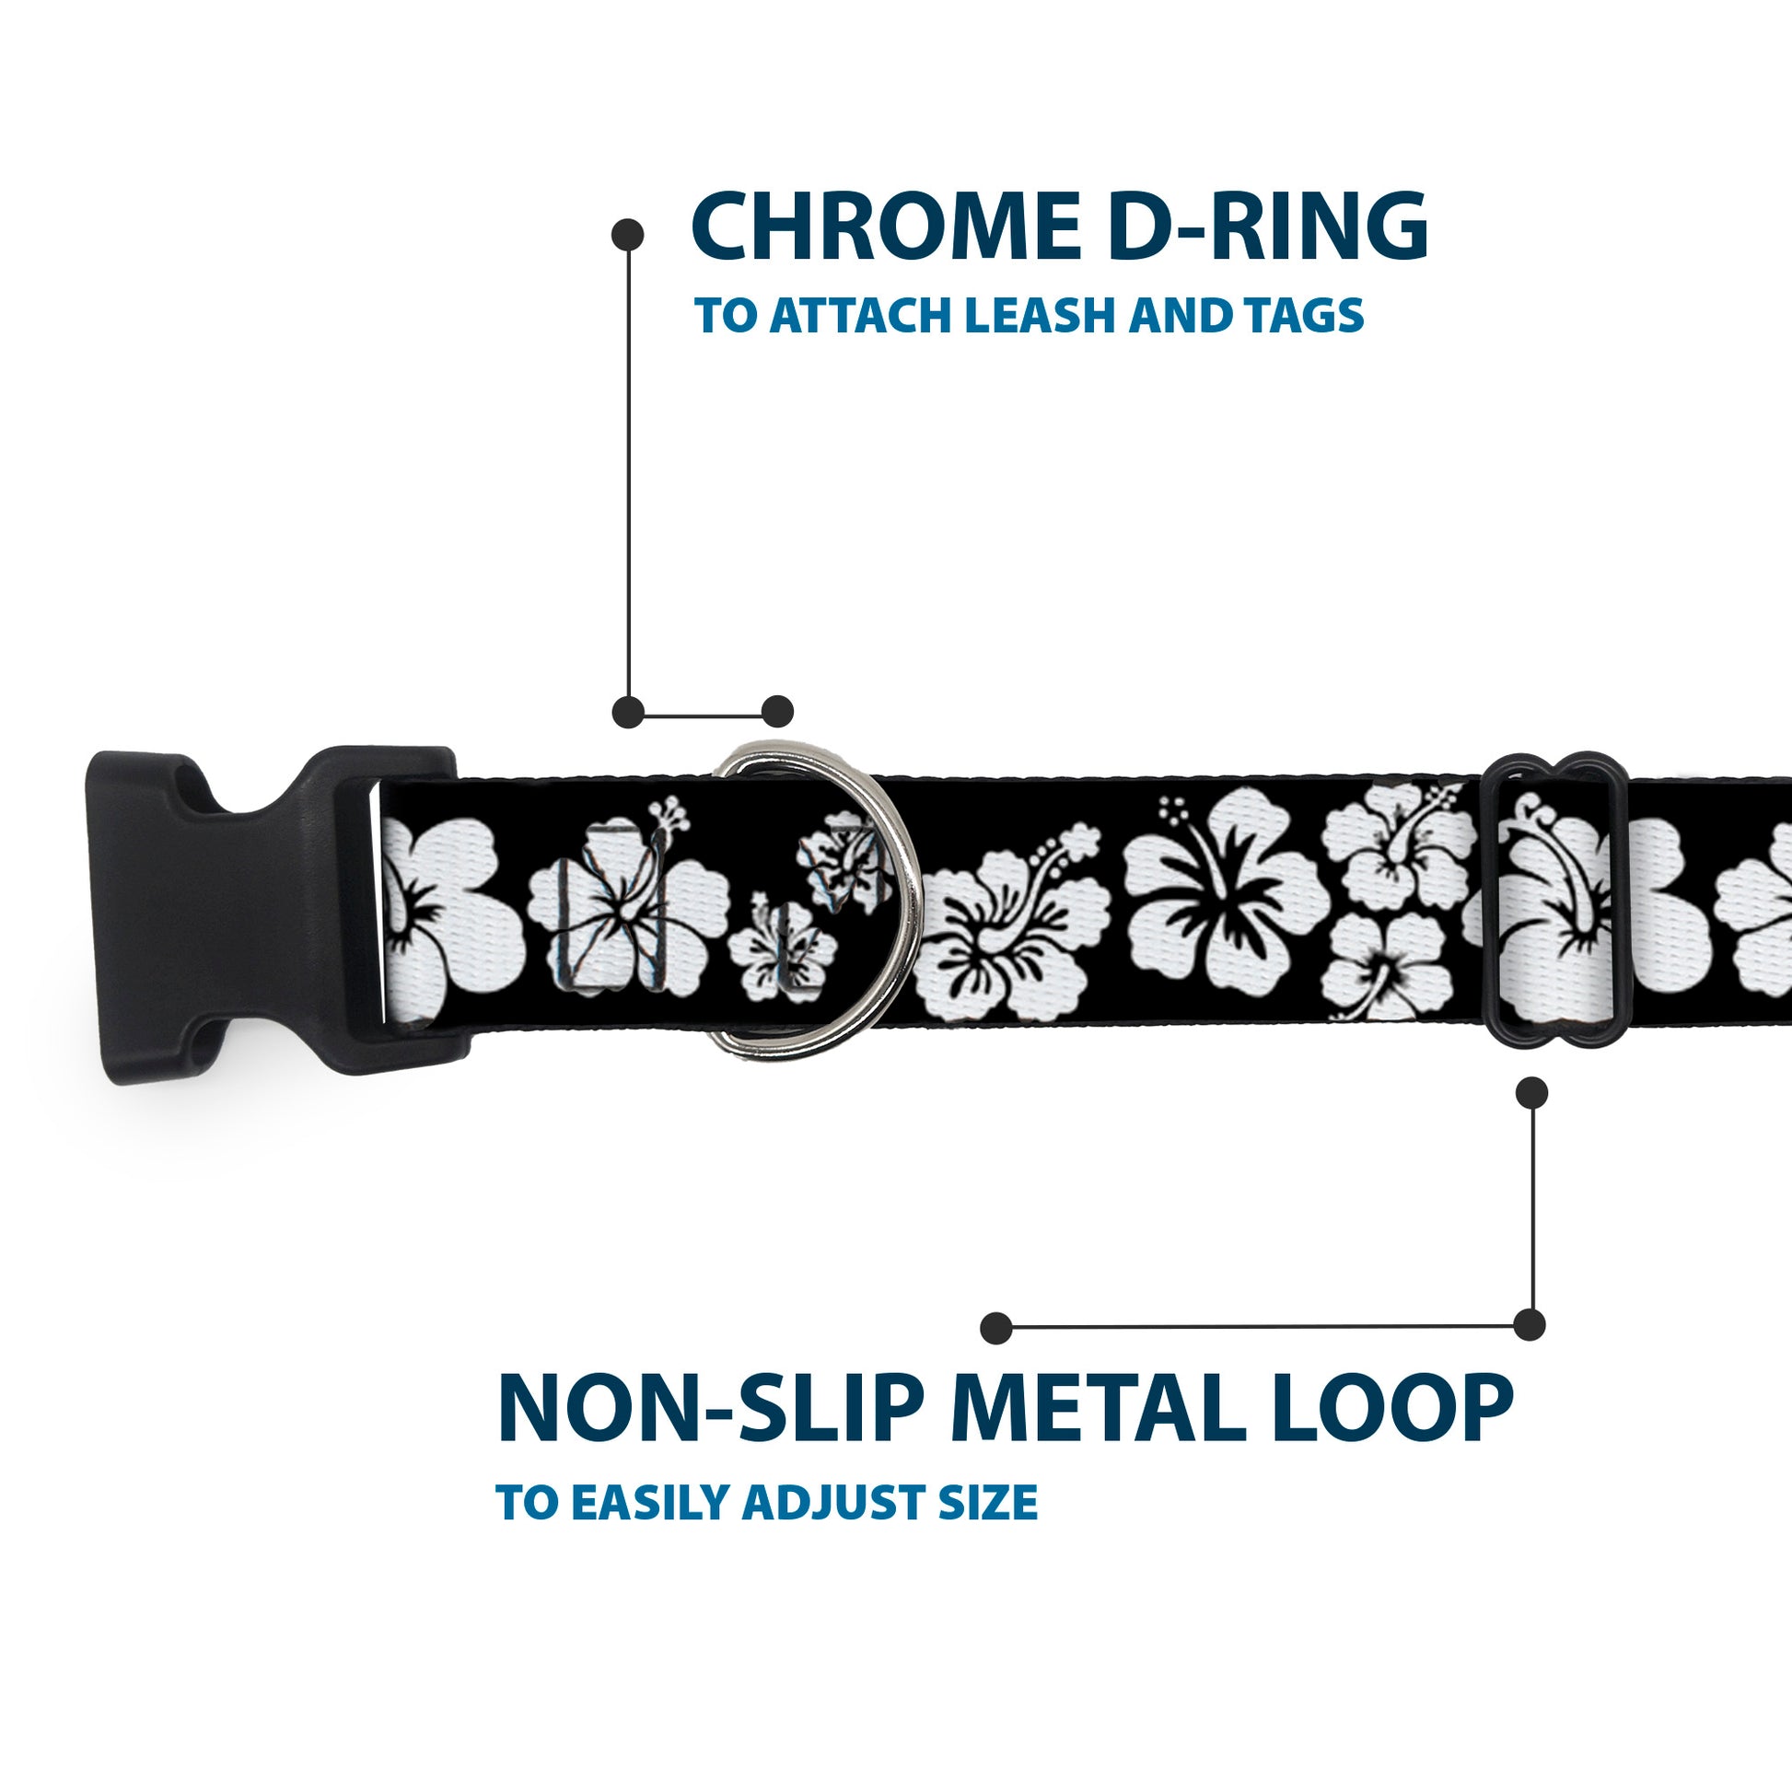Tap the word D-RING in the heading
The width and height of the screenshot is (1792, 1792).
tap(1265, 227)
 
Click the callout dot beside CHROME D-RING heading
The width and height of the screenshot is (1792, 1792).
tap(628, 235)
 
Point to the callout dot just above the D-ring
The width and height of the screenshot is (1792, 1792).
tap(777, 712)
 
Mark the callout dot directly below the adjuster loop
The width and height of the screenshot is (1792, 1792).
tap(1531, 1093)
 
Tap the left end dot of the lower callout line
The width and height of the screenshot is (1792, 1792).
tap(995, 1327)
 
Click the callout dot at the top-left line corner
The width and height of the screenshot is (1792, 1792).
tap(628, 712)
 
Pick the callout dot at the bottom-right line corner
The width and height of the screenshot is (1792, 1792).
tap(1530, 1324)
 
